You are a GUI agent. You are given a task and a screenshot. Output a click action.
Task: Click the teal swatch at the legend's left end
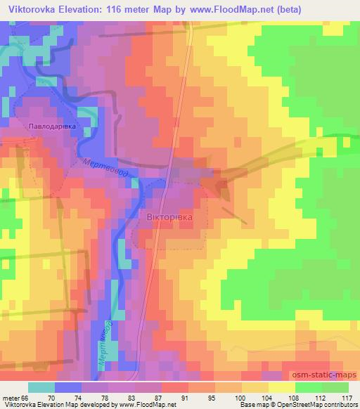[41, 388]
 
